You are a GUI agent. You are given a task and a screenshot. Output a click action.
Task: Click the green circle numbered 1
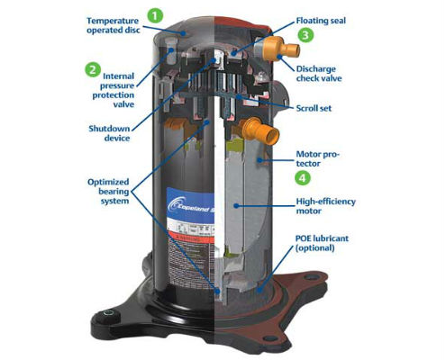[x=155, y=14]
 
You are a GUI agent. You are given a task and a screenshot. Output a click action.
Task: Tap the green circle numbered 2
[x=92, y=68]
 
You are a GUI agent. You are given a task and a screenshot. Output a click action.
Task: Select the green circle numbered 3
[x=306, y=35]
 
